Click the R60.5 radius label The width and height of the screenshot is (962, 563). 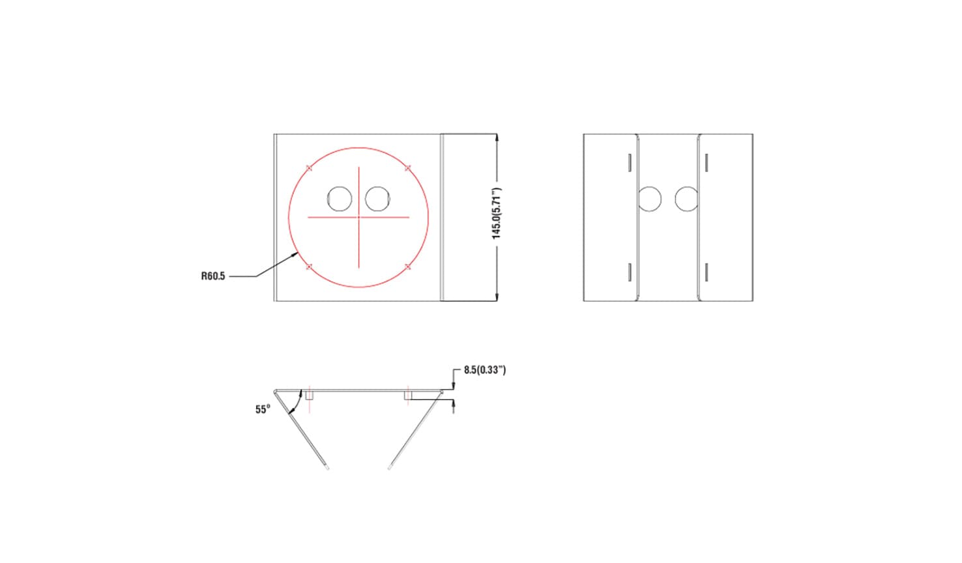(213, 276)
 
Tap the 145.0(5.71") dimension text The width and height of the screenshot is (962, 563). (497, 214)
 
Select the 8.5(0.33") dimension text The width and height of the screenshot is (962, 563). (485, 369)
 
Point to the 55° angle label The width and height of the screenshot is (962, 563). (263, 409)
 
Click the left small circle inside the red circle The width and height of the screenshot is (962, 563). (340, 199)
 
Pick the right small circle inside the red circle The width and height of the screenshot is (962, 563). (377, 199)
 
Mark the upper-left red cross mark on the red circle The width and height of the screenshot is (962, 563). (309, 168)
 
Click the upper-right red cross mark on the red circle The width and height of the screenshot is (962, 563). (408, 168)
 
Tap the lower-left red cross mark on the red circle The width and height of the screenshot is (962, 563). (309, 267)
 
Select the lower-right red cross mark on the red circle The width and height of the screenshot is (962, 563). (408, 267)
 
